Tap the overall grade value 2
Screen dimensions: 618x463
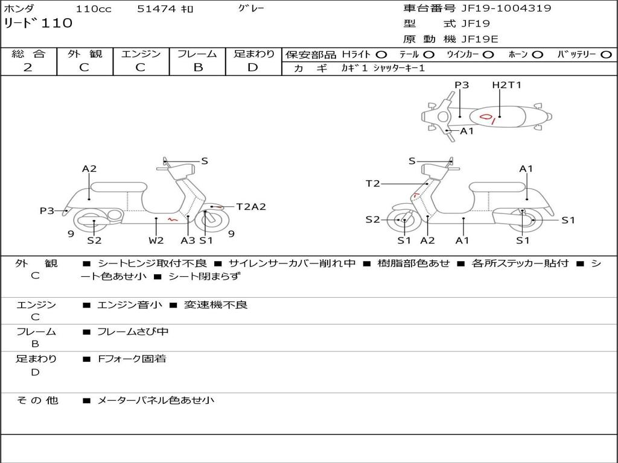[x=28, y=67]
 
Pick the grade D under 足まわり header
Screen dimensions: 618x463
[x=253, y=67]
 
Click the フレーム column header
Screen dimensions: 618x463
[x=197, y=54]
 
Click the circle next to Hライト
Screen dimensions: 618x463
[x=381, y=54]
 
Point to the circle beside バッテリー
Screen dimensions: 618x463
[x=606, y=54]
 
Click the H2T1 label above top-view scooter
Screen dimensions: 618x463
[x=506, y=85]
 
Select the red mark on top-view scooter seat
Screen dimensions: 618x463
[x=487, y=117]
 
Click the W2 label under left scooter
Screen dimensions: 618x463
[x=156, y=241]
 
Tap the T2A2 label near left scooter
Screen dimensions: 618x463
[x=250, y=207]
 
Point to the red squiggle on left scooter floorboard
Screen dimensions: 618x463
[x=173, y=219]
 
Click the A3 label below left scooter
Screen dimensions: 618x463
[x=188, y=241]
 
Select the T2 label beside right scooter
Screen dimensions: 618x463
[x=373, y=184]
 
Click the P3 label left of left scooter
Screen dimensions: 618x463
[x=47, y=210]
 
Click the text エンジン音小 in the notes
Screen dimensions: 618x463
[x=130, y=305]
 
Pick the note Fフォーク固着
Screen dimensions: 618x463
[x=132, y=359]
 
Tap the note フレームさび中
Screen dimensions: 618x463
[x=133, y=332]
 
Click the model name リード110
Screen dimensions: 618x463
[x=39, y=24]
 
